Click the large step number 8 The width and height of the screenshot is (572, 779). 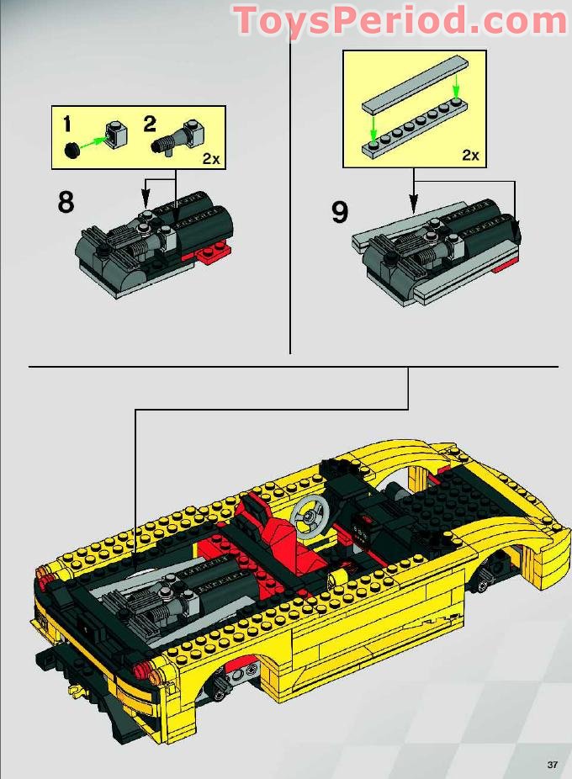65,203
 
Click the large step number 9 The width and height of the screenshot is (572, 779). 339,212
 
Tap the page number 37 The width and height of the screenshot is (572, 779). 552,764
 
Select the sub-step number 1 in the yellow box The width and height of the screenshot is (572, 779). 66,125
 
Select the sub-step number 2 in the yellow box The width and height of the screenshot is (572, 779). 150,125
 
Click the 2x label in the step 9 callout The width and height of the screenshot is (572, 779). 469,155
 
